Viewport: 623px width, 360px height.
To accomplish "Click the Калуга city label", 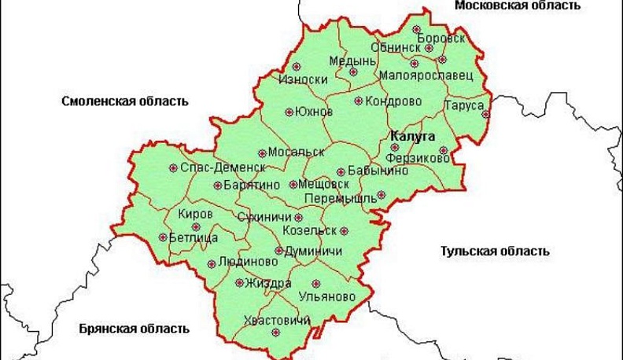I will pyautogui.click(x=413, y=136).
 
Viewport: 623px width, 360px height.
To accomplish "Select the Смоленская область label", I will pyautogui.click(x=126, y=101).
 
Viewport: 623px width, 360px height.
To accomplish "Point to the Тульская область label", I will pyautogui.click(x=494, y=252).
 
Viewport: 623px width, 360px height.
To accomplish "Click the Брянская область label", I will pyautogui.click(x=134, y=328).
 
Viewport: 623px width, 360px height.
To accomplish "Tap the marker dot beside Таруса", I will pyautogui.click(x=486, y=113).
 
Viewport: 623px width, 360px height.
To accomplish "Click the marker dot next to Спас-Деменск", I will pyautogui.click(x=173, y=167).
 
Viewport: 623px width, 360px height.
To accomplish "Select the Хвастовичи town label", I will pyautogui.click(x=278, y=320).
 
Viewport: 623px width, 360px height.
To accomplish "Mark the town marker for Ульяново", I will pyautogui.click(x=316, y=284).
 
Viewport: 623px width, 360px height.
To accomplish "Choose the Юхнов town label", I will pyautogui.click(x=314, y=112).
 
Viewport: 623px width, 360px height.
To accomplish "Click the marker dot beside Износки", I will pyautogui.click(x=297, y=67).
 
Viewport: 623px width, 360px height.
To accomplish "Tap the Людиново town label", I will pyautogui.click(x=250, y=261).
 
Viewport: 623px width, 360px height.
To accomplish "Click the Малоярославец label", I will pyautogui.click(x=426, y=75).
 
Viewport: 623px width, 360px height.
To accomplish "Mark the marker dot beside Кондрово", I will pyautogui.click(x=359, y=101).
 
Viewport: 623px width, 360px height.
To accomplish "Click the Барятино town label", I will pyautogui.click(x=252, y=186).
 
